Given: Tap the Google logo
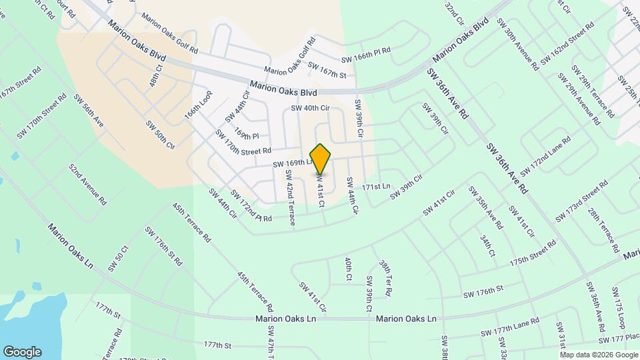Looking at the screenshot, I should (x=22, y=352).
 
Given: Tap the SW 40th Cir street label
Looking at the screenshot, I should (x=310, y=107).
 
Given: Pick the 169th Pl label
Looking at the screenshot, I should (x=246, y=136).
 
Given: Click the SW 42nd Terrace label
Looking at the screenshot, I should (x=290, y=197).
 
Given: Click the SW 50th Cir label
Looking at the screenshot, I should (x=160, y=135).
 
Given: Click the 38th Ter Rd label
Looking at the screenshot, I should (x=385, y=279).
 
